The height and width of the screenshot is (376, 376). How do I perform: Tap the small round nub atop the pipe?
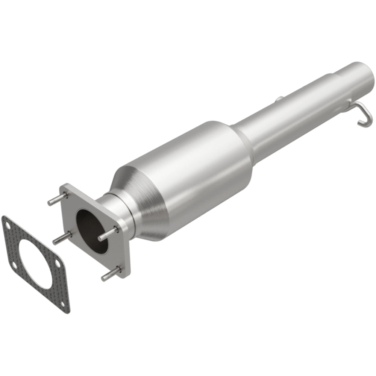pos(279,99)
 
